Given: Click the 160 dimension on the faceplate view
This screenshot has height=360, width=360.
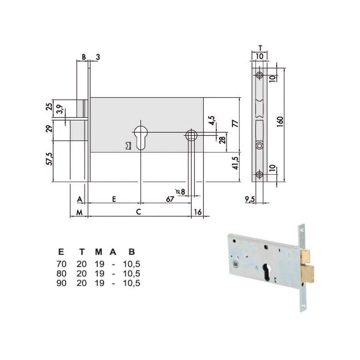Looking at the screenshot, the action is click(280, 121).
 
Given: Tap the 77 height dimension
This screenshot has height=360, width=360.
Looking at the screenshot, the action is click(235, 123).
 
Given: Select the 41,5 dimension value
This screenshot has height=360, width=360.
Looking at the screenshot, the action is click(235, 163).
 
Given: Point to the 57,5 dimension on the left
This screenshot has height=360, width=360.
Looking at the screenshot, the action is click(49, 159).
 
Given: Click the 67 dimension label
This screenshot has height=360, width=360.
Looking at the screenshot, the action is click(170, 199).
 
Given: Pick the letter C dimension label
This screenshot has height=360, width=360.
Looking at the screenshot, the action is click(138, 211).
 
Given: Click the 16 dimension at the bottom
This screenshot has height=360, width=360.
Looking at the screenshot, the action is click(198, 211).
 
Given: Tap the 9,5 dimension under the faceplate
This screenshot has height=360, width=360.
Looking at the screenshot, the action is click(250, 199).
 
